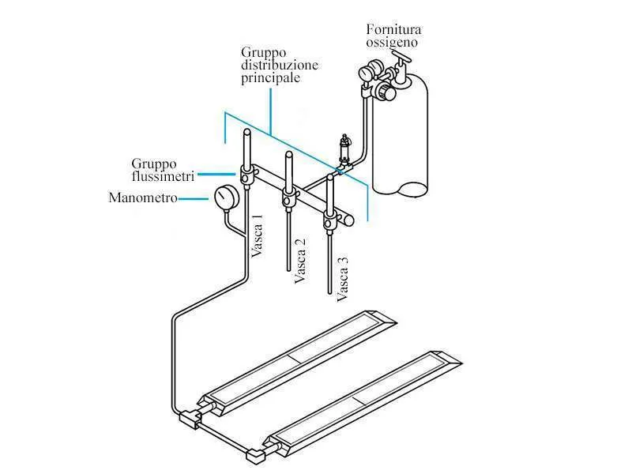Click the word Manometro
[143, 197]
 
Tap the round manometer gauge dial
[227, 197]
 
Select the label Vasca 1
[258, 235]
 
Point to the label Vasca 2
[300, 261]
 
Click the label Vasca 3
[342, 280]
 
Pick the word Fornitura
[393, 29]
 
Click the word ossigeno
[392, 43]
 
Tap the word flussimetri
[164, 176]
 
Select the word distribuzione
[280, 65]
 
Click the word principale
[270, 77]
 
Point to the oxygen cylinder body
[401, 137]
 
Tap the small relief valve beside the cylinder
[344, 150]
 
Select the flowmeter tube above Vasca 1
[246, 149]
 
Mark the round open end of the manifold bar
[349, 220]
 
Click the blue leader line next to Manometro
[194, 198]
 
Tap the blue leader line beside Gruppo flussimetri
[216, 175]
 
